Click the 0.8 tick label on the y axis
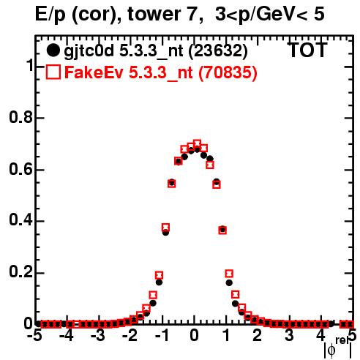[x=20, y=117]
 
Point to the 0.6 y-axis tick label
[x=20, y=169]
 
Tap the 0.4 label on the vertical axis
[x=20, y=220]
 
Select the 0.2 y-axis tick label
[x=20, y=272]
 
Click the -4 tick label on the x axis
[x=67, y=336]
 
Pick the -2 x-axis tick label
[x=130, y=336]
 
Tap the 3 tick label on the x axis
[x=290, y=336]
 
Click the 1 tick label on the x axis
[x=227, y=336]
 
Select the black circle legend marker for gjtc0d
[x=53, y=50]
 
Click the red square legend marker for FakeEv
[x=53, y=72]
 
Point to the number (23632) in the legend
[x=218, y=50]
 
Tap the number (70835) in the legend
[x=228, y=72]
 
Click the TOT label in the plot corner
[x=307, y=50]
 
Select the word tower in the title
[x=159, y=14]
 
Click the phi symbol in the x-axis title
[x=331, y=350]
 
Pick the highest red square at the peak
[x=197, y=143]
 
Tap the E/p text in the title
[x=50, y=15]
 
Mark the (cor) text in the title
[x=96, y=15]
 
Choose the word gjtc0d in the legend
[x=89, y=51]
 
